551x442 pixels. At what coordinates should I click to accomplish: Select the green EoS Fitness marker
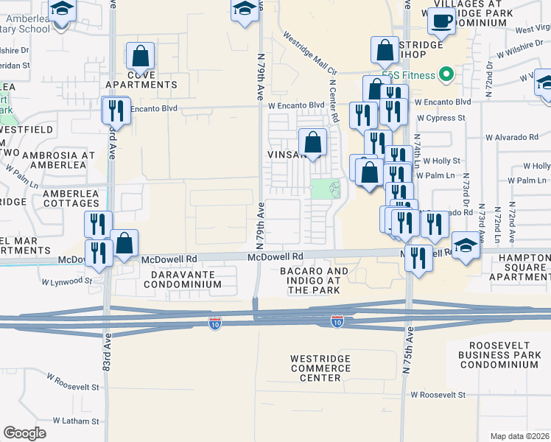(445, 74)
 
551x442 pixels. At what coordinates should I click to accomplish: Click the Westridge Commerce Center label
(315, 368)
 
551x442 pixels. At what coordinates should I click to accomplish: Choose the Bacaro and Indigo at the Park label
(314, 281)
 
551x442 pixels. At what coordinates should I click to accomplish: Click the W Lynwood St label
(66, 281)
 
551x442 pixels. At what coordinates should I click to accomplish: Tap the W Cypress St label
(441, 117)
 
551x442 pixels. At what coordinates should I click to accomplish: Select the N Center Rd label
(333, 103)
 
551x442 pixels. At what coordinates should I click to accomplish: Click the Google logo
(25, 433)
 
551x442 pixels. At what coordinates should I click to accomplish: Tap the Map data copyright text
(519, 436)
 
